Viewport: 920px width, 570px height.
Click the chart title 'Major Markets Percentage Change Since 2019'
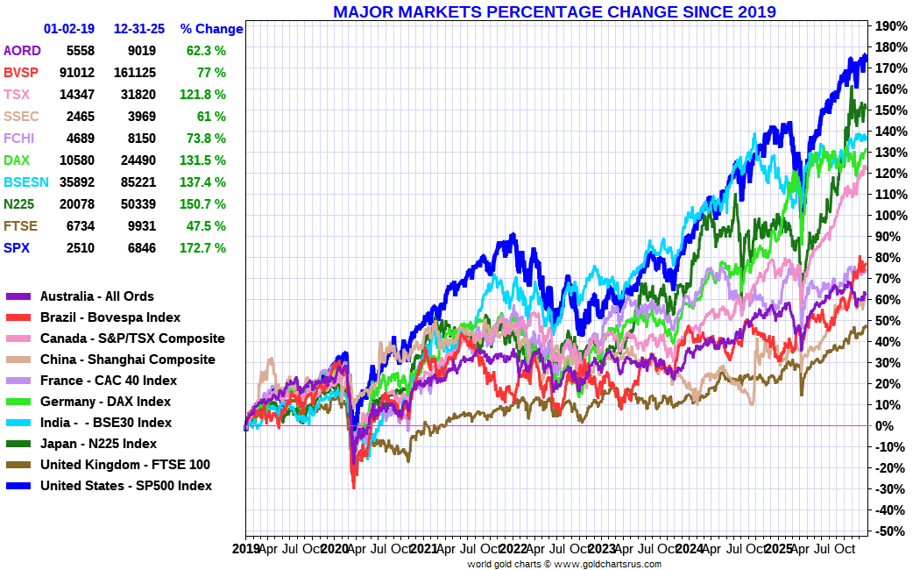coord(554,11)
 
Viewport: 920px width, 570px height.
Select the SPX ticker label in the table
coord(16,248)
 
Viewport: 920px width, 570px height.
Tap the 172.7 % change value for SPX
coord(206,248)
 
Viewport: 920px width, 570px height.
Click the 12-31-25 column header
coord(140,29)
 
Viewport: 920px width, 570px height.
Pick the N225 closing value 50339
coord(135,204)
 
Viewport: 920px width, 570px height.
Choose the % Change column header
coord(211,29)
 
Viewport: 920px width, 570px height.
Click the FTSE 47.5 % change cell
coord(206,226)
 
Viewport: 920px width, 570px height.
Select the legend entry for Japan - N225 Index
coord(98,444)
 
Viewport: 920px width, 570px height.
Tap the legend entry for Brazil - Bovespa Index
coord(110,317)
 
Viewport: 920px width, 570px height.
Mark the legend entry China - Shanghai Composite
coord(127,360)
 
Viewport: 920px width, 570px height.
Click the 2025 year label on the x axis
coord(779,549)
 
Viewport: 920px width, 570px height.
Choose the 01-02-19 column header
coord(69,29)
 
